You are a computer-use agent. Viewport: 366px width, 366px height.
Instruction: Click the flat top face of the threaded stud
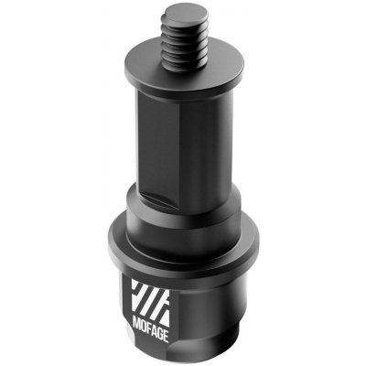coord(180,14)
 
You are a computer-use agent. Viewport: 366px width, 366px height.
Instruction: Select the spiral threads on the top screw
coord(180,41)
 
